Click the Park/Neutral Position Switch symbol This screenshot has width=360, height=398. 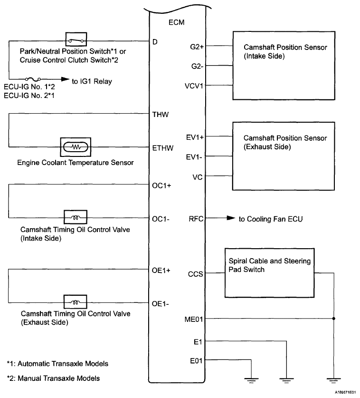[x=75, y=40]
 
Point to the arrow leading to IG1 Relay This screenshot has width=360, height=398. [x=62, y=80]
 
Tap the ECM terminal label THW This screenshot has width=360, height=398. [x=160, y=115]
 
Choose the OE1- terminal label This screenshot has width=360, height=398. [x=160, y=303]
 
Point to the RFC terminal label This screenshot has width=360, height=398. [x=196, y=219]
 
